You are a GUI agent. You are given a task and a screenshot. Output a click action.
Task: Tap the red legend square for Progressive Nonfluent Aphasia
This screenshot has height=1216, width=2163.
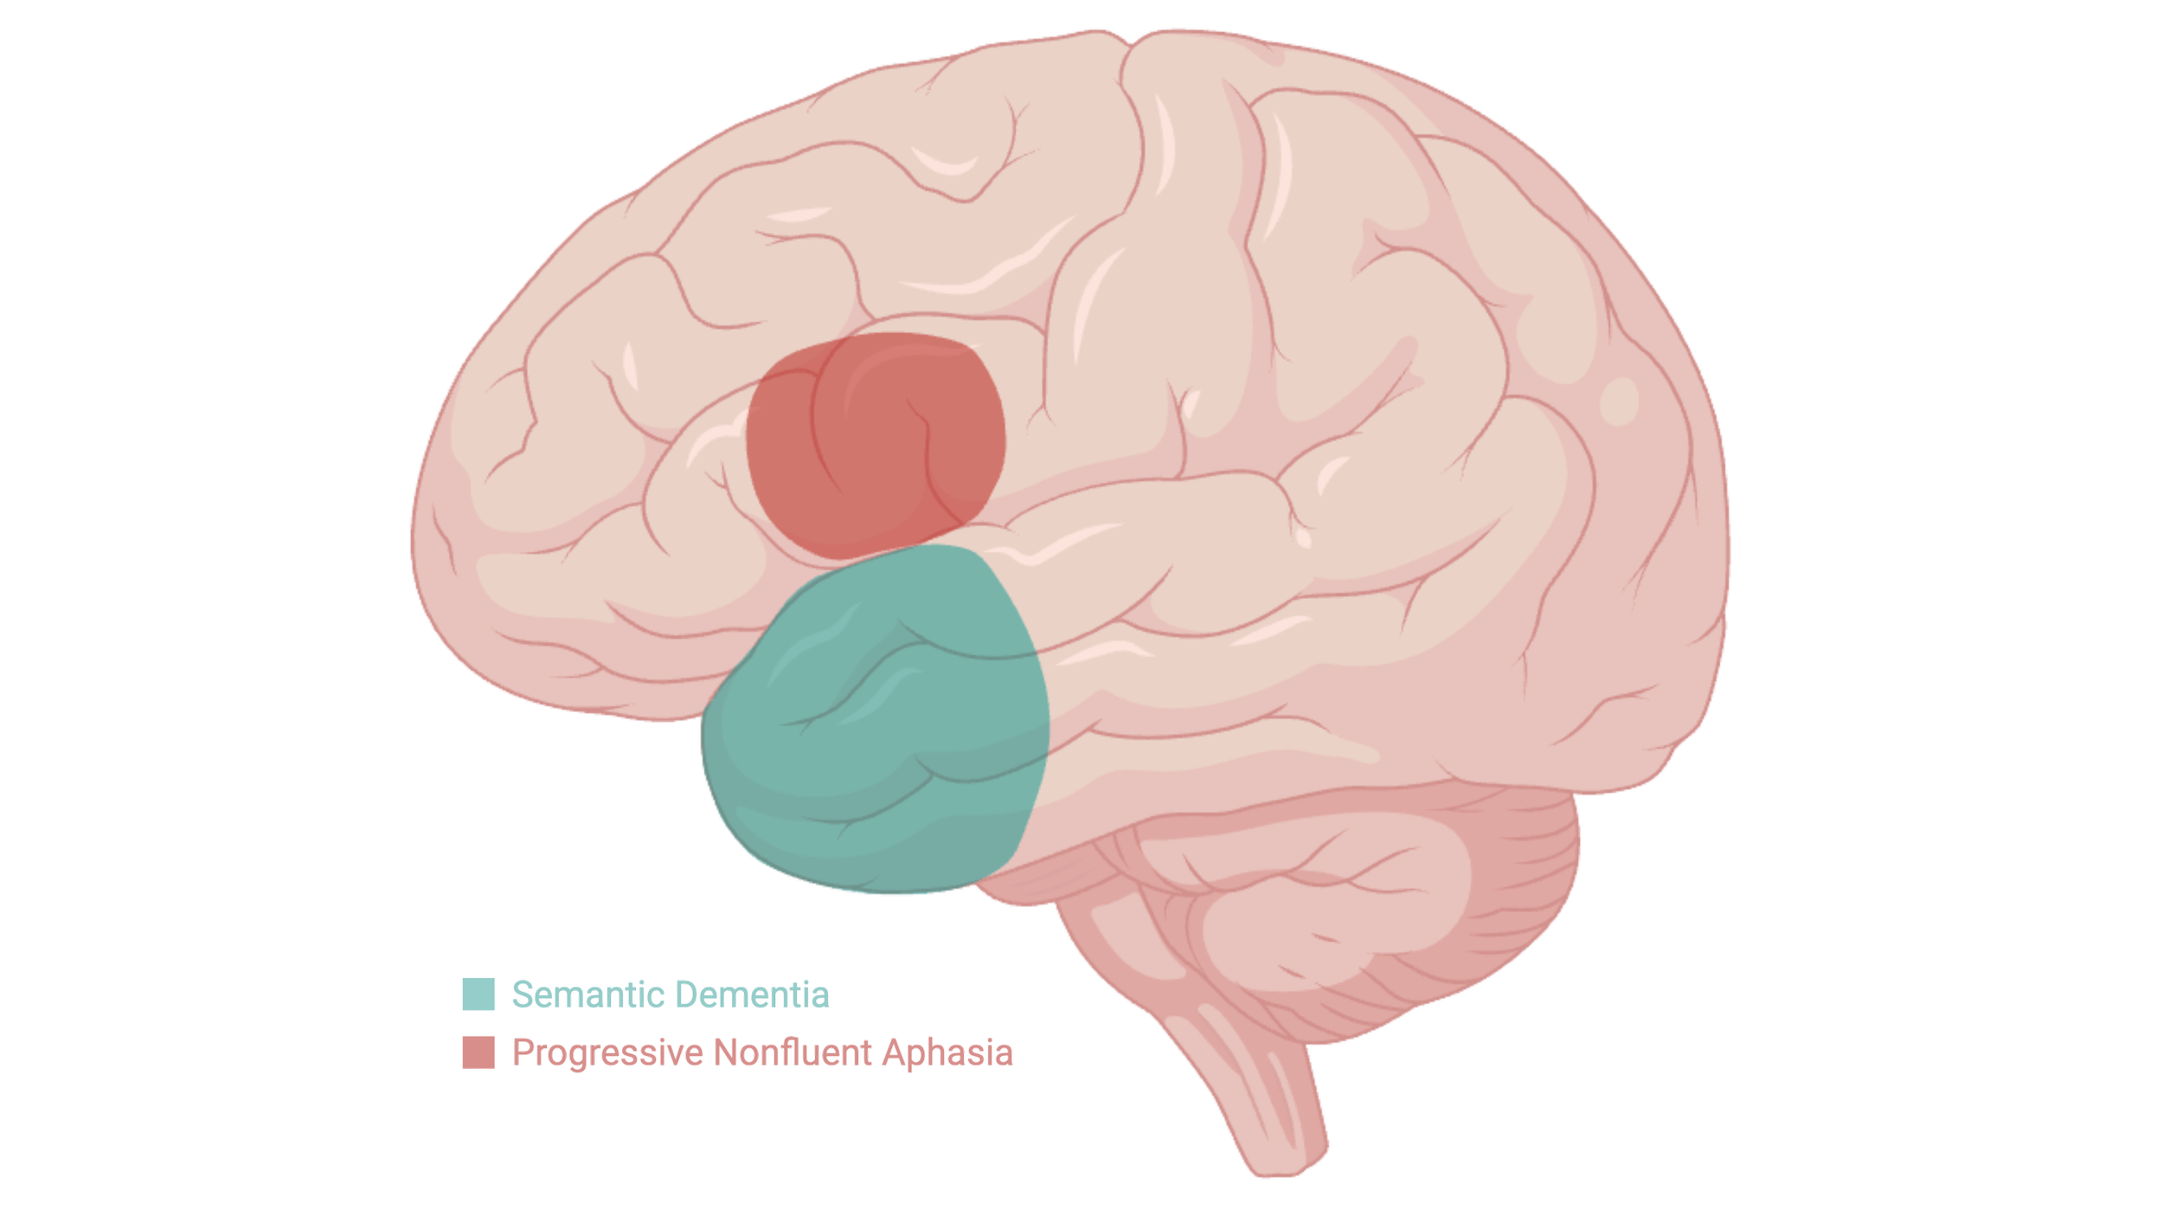coord(478,1053)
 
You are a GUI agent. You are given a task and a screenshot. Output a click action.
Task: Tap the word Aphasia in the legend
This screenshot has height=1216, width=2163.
coord(948,1053)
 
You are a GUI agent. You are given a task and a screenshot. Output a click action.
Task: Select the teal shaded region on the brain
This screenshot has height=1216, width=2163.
coord(874,727)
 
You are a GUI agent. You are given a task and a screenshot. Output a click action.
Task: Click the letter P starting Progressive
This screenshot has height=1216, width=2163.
coord(521,1053)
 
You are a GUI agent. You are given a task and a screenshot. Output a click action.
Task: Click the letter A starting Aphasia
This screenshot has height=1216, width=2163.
coord(895,1053)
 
